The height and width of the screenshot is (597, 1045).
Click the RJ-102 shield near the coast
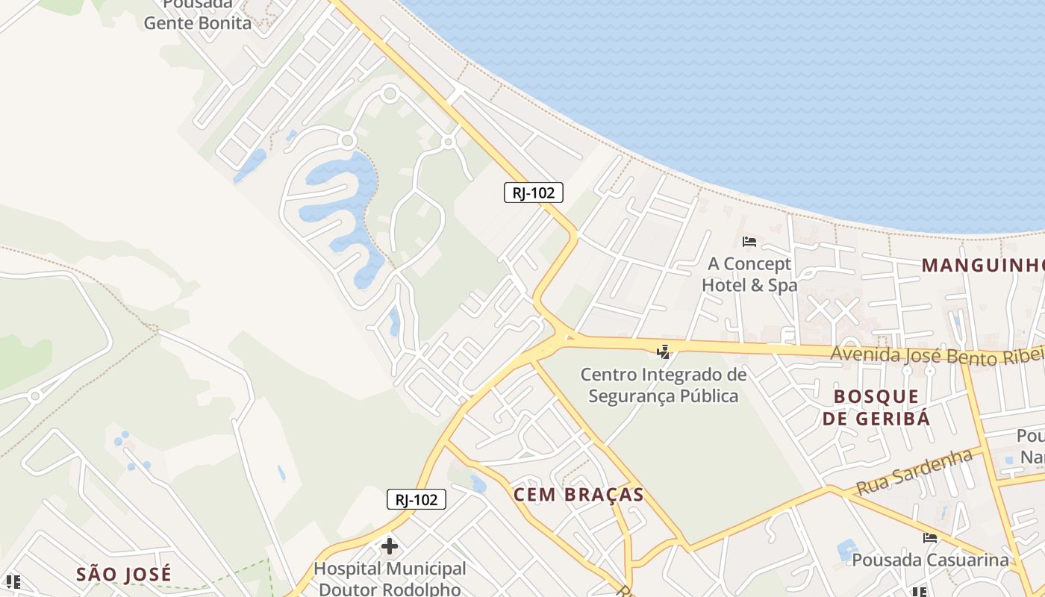[533, 193]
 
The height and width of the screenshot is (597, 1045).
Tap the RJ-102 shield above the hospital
[417, 499]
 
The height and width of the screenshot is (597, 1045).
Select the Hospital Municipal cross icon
[390, 546]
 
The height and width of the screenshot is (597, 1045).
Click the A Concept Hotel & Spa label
[749, 274]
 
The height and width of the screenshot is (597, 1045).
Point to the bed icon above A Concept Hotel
[749, 241]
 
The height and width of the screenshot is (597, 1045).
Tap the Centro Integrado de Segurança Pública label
[664, 384]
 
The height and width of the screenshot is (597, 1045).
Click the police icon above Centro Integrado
[663, 351]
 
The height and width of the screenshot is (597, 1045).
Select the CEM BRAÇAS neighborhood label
[578, 495]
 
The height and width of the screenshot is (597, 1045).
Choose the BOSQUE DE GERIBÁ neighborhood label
[876, 407]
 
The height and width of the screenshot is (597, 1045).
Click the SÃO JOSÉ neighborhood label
[124, 574]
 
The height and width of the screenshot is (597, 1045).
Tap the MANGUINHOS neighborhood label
[982, 265]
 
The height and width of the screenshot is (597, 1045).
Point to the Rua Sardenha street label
[914, 472]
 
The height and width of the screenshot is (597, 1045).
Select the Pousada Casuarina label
[930, 560]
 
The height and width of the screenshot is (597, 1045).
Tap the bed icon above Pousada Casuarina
[930, 537]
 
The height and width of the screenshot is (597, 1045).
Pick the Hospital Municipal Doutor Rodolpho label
[390, 578]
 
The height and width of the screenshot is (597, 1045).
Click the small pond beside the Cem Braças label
[478, 484]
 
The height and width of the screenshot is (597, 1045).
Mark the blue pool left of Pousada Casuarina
[847, 551]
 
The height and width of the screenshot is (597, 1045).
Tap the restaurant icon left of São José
[13, 581]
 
